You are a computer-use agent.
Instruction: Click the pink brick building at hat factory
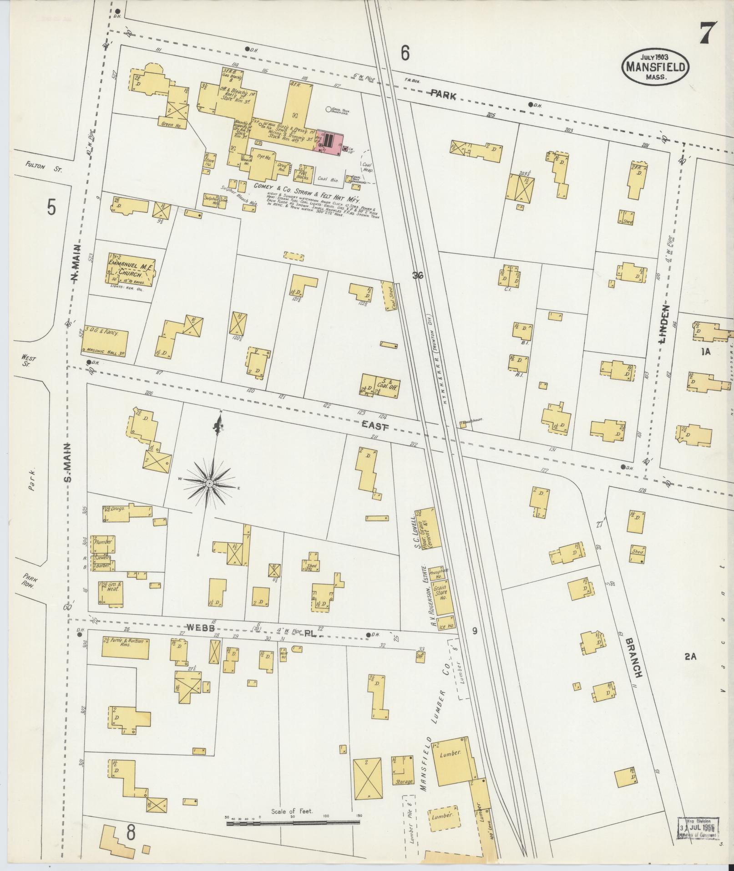(x=331, y=142)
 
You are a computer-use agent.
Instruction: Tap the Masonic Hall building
(x=105, y=342)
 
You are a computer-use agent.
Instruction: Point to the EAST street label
(x=375, y=426)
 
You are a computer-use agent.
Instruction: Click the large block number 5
(x=52, y=207)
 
